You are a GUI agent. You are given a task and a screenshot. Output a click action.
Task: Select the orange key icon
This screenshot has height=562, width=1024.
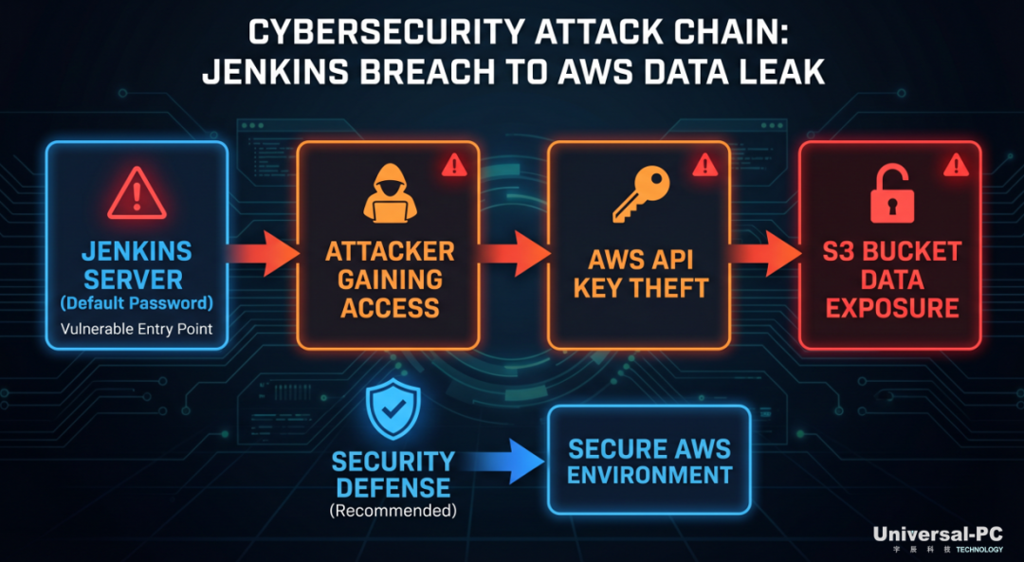point(640,194)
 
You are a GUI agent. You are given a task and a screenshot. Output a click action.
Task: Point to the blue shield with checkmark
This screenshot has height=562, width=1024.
point(393,411)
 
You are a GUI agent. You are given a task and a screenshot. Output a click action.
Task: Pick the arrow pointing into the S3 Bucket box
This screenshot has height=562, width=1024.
point(765,253)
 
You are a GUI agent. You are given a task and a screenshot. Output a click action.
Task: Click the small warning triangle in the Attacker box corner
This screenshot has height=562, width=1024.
point(454,165)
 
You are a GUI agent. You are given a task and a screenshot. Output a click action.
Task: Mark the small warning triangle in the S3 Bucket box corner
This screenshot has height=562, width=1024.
point(956,165)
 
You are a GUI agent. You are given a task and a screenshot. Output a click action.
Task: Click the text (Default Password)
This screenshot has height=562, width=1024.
point(137,303)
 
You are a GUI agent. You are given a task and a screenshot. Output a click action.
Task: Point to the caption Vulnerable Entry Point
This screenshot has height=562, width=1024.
point(137,328)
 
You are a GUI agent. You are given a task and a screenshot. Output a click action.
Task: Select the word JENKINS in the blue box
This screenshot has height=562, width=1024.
point(137,251)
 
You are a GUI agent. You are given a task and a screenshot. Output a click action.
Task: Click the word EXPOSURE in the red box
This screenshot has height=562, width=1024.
point(892,307)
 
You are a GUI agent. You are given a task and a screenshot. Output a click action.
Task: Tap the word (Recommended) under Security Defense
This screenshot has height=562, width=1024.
point(393,510)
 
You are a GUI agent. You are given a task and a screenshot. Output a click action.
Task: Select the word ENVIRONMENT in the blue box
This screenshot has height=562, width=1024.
point(649,475)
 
